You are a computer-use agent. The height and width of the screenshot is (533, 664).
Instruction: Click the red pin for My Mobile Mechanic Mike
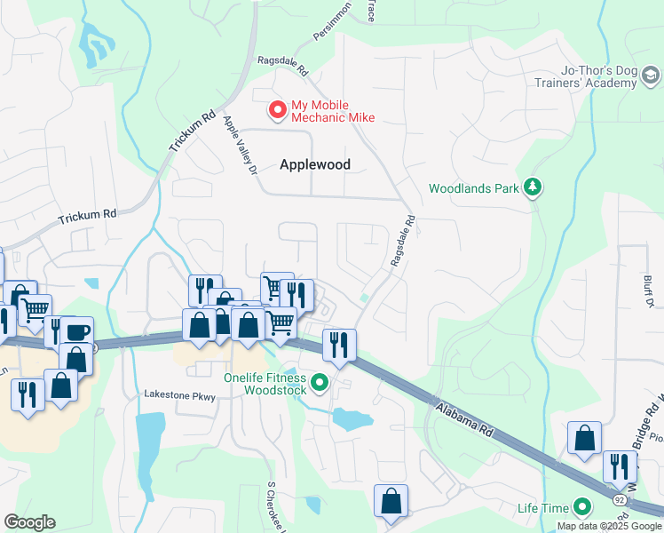pos(278,109)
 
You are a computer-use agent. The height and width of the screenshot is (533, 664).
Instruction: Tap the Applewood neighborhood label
pos(315,164)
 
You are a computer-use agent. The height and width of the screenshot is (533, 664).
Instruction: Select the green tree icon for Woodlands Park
pos(533,187)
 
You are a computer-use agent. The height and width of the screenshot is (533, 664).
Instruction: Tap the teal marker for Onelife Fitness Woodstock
pos(320,383)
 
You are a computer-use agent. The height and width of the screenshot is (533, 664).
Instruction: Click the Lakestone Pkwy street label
pos(180,395)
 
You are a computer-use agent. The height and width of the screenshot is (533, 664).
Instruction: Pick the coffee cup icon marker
pos(75,332)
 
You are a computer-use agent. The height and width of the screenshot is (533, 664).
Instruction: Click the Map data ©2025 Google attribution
pos(609,526)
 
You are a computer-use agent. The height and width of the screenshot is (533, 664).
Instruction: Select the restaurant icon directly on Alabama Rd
pos(338,343)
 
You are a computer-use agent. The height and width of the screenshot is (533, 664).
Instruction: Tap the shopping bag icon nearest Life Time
pos(584,437)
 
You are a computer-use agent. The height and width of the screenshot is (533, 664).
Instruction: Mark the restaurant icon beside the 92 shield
pos(620,465)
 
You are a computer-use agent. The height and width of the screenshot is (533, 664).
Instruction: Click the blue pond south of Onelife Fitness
pos(352,418)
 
